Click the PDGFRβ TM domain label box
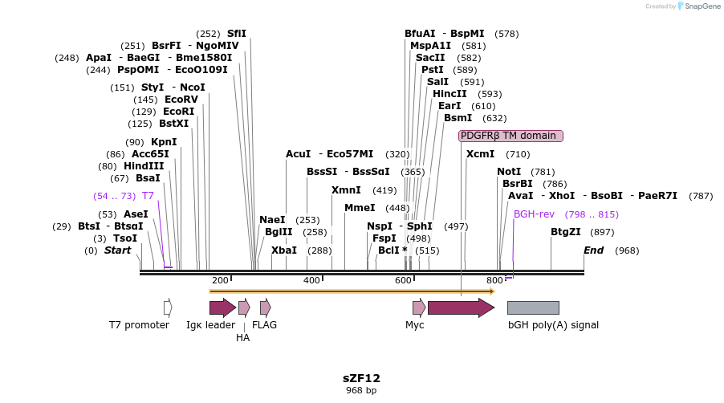click(x=510, y=136)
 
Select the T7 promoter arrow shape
click(x=168, y=307)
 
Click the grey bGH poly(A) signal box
click(x=533, y=307)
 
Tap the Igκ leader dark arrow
click(x=222, y=307)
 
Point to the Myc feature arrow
click(x=418, y=307)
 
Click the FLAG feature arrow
click(x=265, y=307)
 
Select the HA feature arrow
click(x=244, y=307)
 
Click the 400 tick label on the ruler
click(x=311, y=280)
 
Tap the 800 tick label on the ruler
click(x=494, y=280)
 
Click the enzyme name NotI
click(x=509, y=172)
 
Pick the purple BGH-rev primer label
click(x=534, y=214)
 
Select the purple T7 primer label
click(x=148, y=196)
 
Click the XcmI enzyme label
click(x=481, y=154)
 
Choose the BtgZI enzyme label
click(x=566, y=232)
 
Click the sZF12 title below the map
click(x=361, y=377)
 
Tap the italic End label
click(x=593, y=250)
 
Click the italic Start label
click(x=117, y=250)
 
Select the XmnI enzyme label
click(x=346, y=190)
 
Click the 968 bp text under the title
click(x=361, y=391)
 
